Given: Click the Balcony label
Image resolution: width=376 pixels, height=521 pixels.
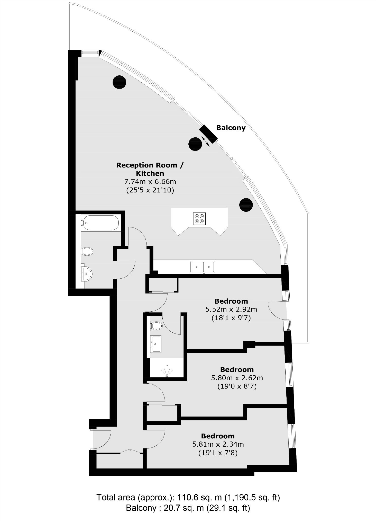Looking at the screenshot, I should tap(231, 128).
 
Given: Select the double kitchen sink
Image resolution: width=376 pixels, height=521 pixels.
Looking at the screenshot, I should tap(203, 267).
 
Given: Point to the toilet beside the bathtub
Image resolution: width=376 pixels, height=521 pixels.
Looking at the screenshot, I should tap(87, 251).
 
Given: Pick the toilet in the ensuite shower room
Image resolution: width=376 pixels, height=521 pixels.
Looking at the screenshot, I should tap(157, 326).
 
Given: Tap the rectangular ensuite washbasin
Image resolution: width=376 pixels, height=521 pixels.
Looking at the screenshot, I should tap(156, 344).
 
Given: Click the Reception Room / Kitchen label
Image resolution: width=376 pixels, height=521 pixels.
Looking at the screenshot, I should tap(150, 169).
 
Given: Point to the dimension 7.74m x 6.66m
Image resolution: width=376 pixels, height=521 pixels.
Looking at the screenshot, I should tap(150, 182).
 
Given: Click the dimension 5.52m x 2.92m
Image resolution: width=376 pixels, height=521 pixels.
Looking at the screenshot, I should tap(231, 309).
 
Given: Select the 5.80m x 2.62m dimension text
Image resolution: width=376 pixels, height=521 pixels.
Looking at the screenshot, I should tap(237, 378).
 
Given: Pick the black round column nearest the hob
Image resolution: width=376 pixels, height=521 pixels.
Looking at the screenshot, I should tap(246, 205).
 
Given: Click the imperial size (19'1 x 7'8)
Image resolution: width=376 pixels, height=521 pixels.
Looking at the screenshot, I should tap(218, 453).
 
